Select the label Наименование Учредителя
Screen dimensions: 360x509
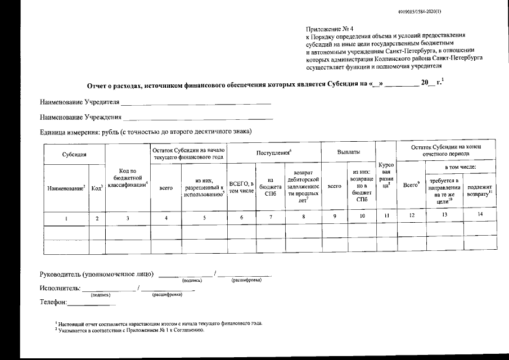point(79,103)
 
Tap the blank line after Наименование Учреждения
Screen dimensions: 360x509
point(198,118)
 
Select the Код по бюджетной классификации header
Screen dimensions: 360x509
point(128,178)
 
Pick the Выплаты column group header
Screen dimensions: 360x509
point(348,152)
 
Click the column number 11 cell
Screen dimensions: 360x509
point(386,215)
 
